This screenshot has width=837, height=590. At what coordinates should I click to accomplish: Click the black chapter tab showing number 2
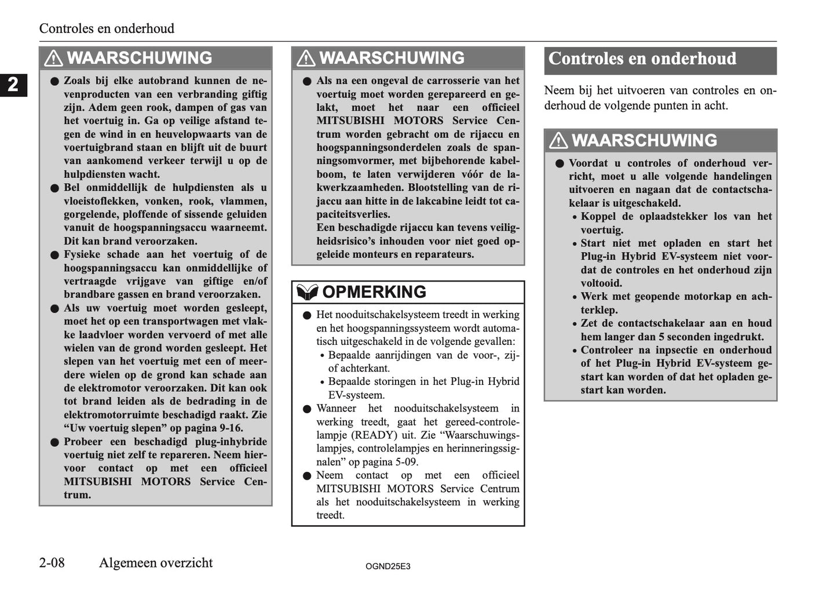tap(13, 85)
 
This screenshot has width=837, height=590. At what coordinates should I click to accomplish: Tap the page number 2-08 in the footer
tap(52, 563)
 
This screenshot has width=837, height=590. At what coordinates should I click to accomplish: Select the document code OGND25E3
tap(388, 566)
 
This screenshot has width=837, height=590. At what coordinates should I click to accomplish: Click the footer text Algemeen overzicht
tap(156, 563)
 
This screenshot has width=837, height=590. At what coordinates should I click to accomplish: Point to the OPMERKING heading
tap(374, 292)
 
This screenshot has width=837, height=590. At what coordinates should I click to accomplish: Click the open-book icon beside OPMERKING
tap(306, 292)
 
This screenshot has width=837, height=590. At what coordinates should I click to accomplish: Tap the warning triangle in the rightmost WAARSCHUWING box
tap(558, 141)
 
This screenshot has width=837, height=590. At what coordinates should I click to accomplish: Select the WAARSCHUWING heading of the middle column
tap(392, 59)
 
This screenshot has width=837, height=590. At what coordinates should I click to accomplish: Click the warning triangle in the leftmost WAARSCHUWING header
tap(53, 59)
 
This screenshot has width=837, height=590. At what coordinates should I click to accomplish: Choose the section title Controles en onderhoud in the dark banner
tap(642, 59)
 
